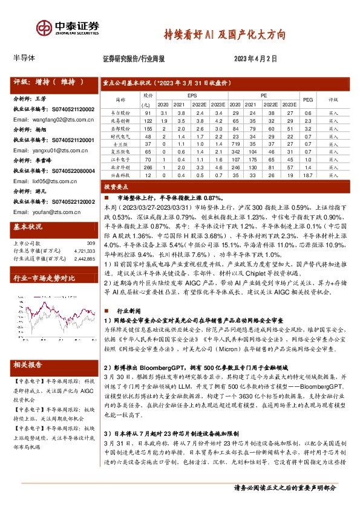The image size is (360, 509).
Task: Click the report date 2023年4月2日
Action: pos(255,59)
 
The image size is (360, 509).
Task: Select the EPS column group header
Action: pos(192,96)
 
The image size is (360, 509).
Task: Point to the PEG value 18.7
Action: pos(307,175)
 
